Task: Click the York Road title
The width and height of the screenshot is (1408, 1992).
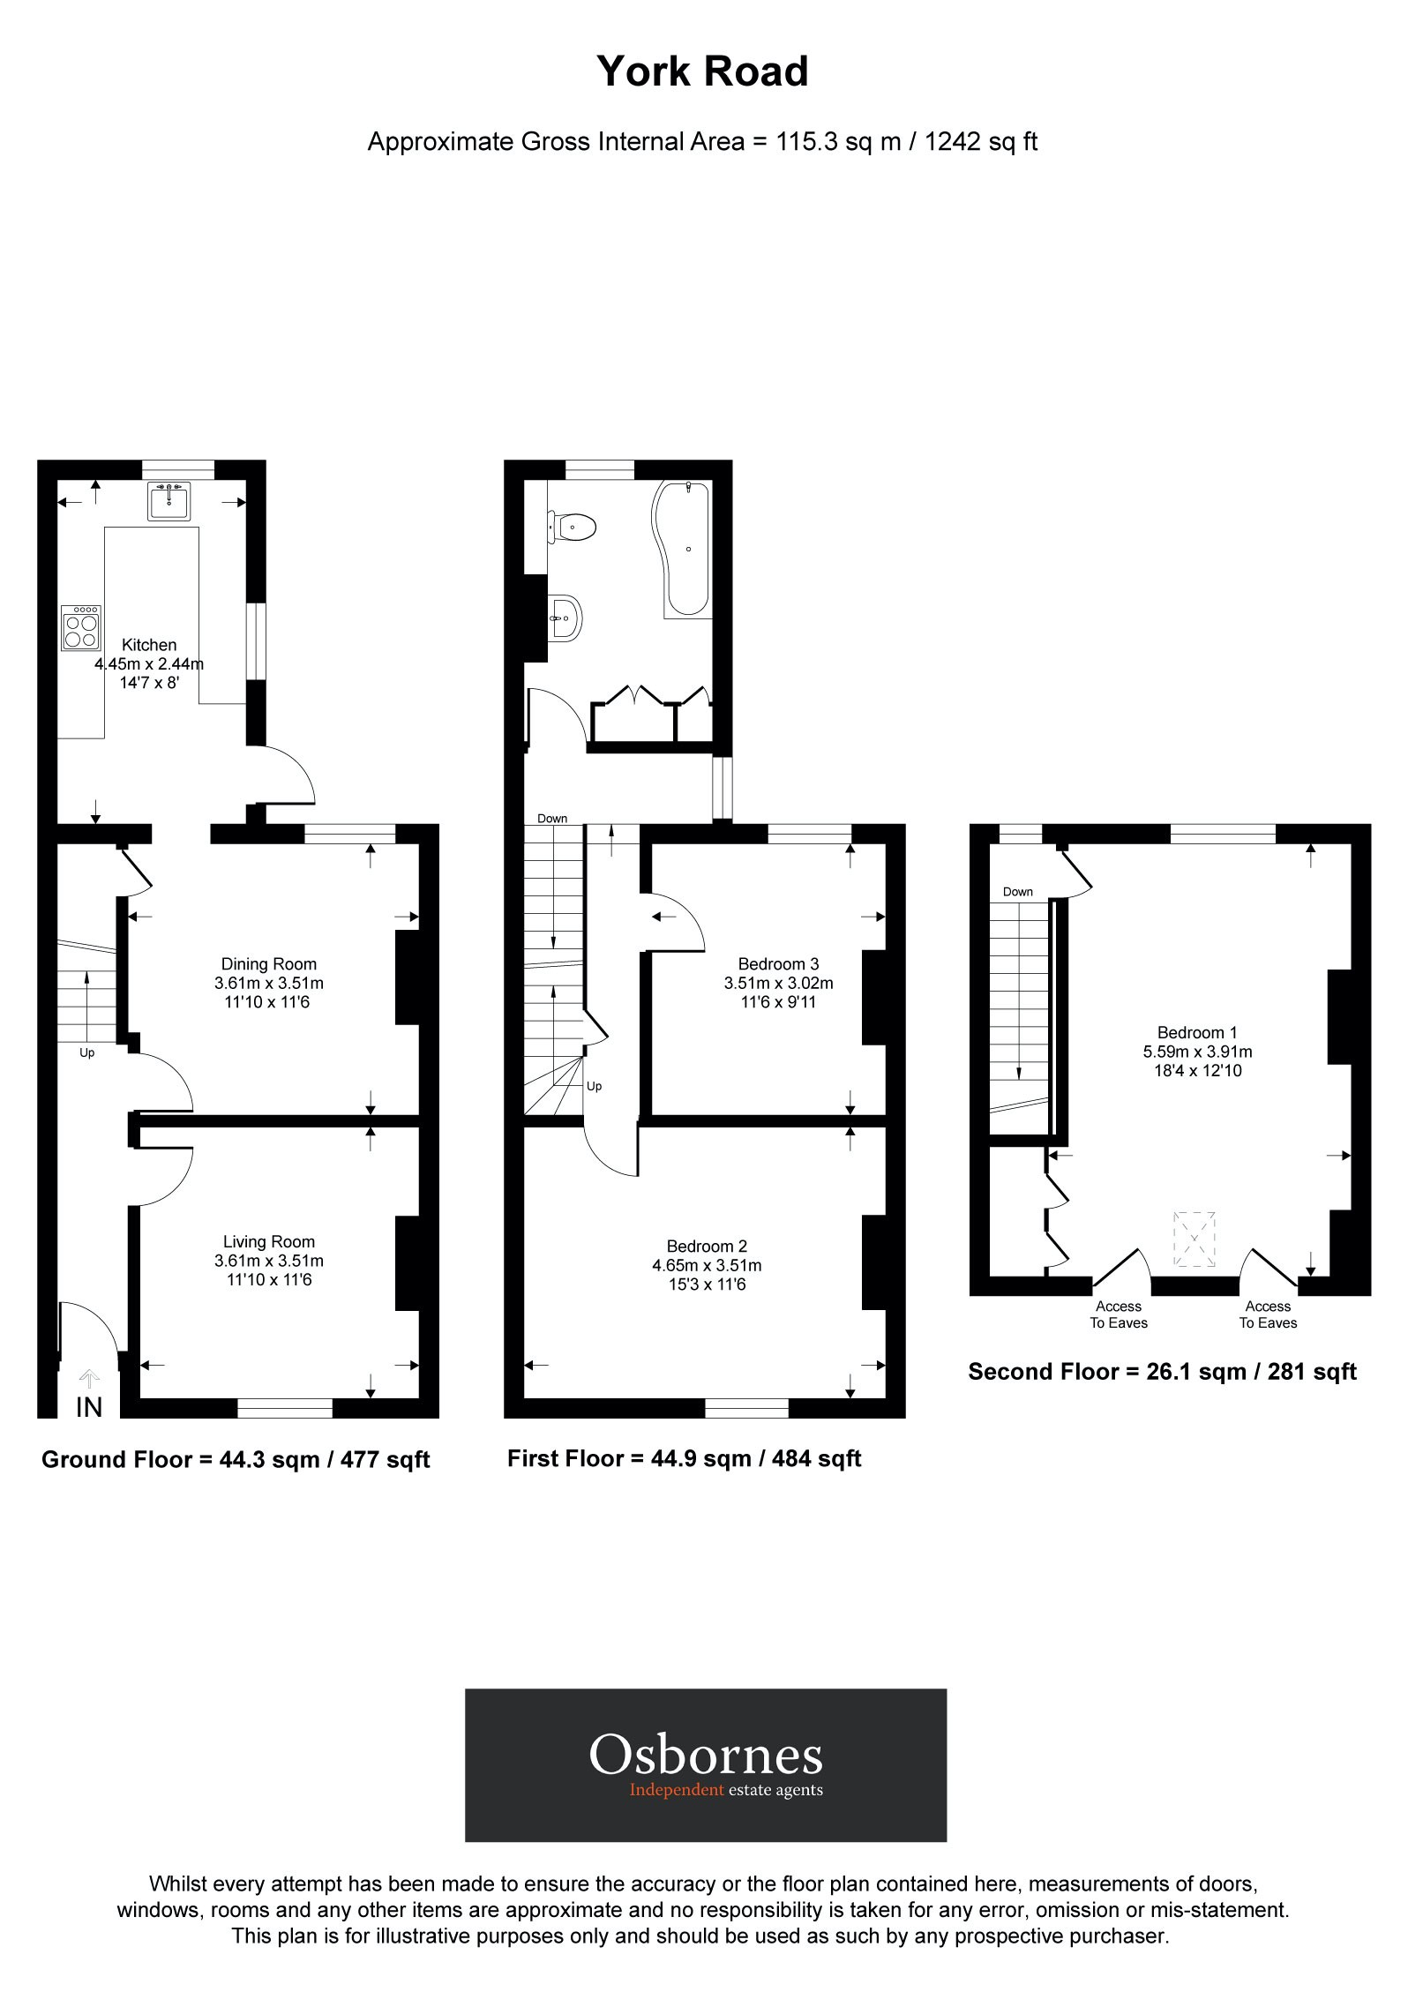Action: tap(702, 72)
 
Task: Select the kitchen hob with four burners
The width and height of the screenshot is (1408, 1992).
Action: tap(80, 627)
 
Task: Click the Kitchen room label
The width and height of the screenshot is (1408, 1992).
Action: tap(149, 645)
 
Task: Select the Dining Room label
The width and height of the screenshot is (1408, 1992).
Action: tap(268, 964)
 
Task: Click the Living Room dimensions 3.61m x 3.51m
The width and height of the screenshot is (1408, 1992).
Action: tap(268, 1261)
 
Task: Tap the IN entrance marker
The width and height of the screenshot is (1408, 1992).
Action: tap(89, 1407)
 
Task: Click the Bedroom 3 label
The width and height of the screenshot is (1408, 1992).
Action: tap(778, 964)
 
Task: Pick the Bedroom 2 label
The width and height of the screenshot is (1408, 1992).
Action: tap(707, 1247)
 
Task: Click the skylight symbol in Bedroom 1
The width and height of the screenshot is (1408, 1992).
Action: tap(1194, 1239)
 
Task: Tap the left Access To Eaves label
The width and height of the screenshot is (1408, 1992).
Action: tap(1119, 1314)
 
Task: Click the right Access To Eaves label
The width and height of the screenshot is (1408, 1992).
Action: tap(1268, 1314)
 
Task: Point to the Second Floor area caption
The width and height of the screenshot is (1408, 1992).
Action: tap(1162, 1372)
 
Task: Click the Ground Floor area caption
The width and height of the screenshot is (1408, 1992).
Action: tap(236, 1460)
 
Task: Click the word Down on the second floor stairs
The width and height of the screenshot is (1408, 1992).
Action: tap(1017, 892)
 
